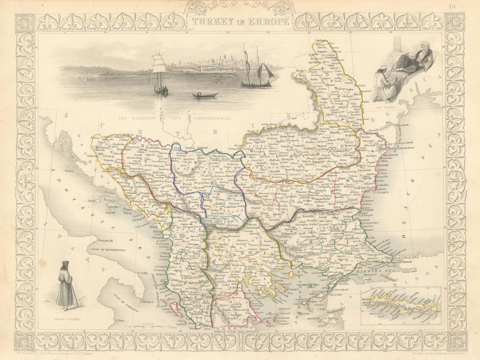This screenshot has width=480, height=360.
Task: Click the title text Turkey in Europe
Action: (240, 21)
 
